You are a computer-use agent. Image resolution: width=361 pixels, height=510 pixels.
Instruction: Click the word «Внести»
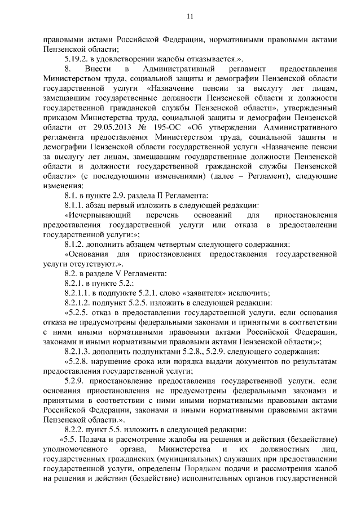coord(99,69)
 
